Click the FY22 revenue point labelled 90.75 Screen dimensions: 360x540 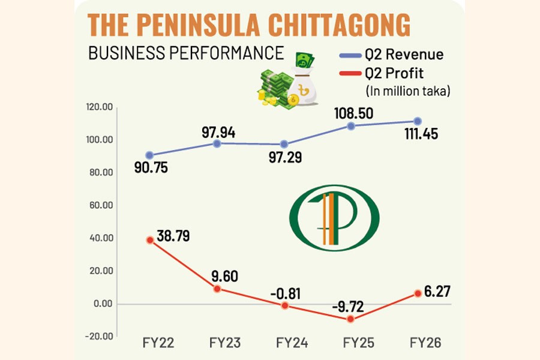click(149, 155)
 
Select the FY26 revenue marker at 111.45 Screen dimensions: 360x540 click(418, 121)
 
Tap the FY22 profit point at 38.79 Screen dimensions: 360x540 click(149, 239)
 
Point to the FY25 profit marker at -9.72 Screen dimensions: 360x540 click(351, 319)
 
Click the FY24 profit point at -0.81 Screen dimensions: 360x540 click(284, 305)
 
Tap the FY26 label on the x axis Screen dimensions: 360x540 click(425, 344)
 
